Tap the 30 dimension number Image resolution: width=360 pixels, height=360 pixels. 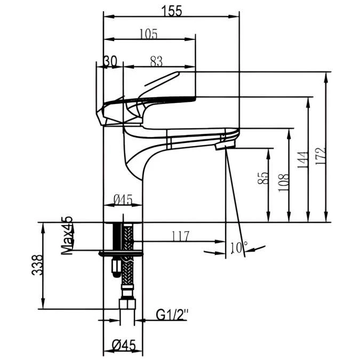[x=110, y=61]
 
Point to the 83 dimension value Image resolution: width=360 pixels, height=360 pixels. [x=156, y=61]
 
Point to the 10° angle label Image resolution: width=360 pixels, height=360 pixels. [x=238, y=247]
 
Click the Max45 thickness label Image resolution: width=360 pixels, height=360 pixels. [x=67, y=236]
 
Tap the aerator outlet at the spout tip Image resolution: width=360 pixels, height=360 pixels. [x=224, y=145]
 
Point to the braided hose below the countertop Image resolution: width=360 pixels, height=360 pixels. [x=127, y=267]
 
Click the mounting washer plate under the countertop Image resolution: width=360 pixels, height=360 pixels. [x=122, y=253]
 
